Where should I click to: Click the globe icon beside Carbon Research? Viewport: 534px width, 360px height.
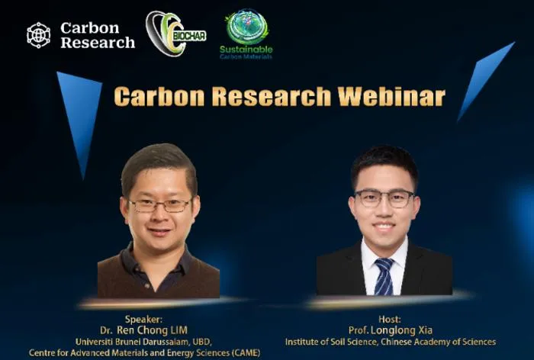coord(38,35)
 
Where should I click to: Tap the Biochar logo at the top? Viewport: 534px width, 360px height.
coord(175,34)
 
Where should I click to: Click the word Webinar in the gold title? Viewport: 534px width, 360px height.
coord(391,96)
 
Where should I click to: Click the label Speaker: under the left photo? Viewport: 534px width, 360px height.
coord(143,319)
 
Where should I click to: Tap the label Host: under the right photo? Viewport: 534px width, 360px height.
coord(390,319)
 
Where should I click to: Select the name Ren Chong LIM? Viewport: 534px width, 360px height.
coord(152,330)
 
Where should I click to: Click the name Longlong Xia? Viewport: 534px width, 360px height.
coord(401,330)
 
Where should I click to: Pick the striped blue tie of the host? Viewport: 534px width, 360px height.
coord(384,277)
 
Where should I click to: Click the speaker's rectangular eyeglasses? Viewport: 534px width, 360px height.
coord(159,205)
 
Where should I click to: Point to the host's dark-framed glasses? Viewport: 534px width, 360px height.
coord(384,198)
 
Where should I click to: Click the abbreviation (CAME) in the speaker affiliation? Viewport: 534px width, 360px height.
coord(246,353)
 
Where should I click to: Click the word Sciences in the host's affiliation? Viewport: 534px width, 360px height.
coord(478,342)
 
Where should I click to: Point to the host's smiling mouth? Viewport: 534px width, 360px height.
coord(384,226)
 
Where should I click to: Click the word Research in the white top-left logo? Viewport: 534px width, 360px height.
coord(98,43)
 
